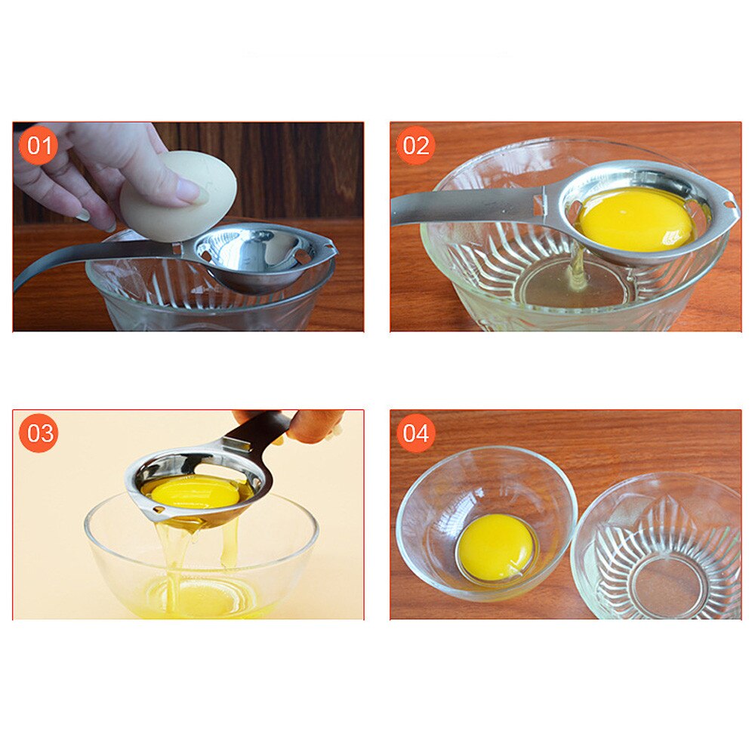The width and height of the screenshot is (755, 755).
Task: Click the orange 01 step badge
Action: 38,145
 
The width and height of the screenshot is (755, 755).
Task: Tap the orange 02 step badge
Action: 415,145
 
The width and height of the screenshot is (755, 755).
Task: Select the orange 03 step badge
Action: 38,433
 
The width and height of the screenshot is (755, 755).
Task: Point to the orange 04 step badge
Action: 415,433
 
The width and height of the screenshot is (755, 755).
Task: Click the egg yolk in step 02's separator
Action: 634,219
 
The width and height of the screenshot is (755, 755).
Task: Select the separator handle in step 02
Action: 461,205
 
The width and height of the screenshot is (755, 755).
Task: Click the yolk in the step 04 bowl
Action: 495,547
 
